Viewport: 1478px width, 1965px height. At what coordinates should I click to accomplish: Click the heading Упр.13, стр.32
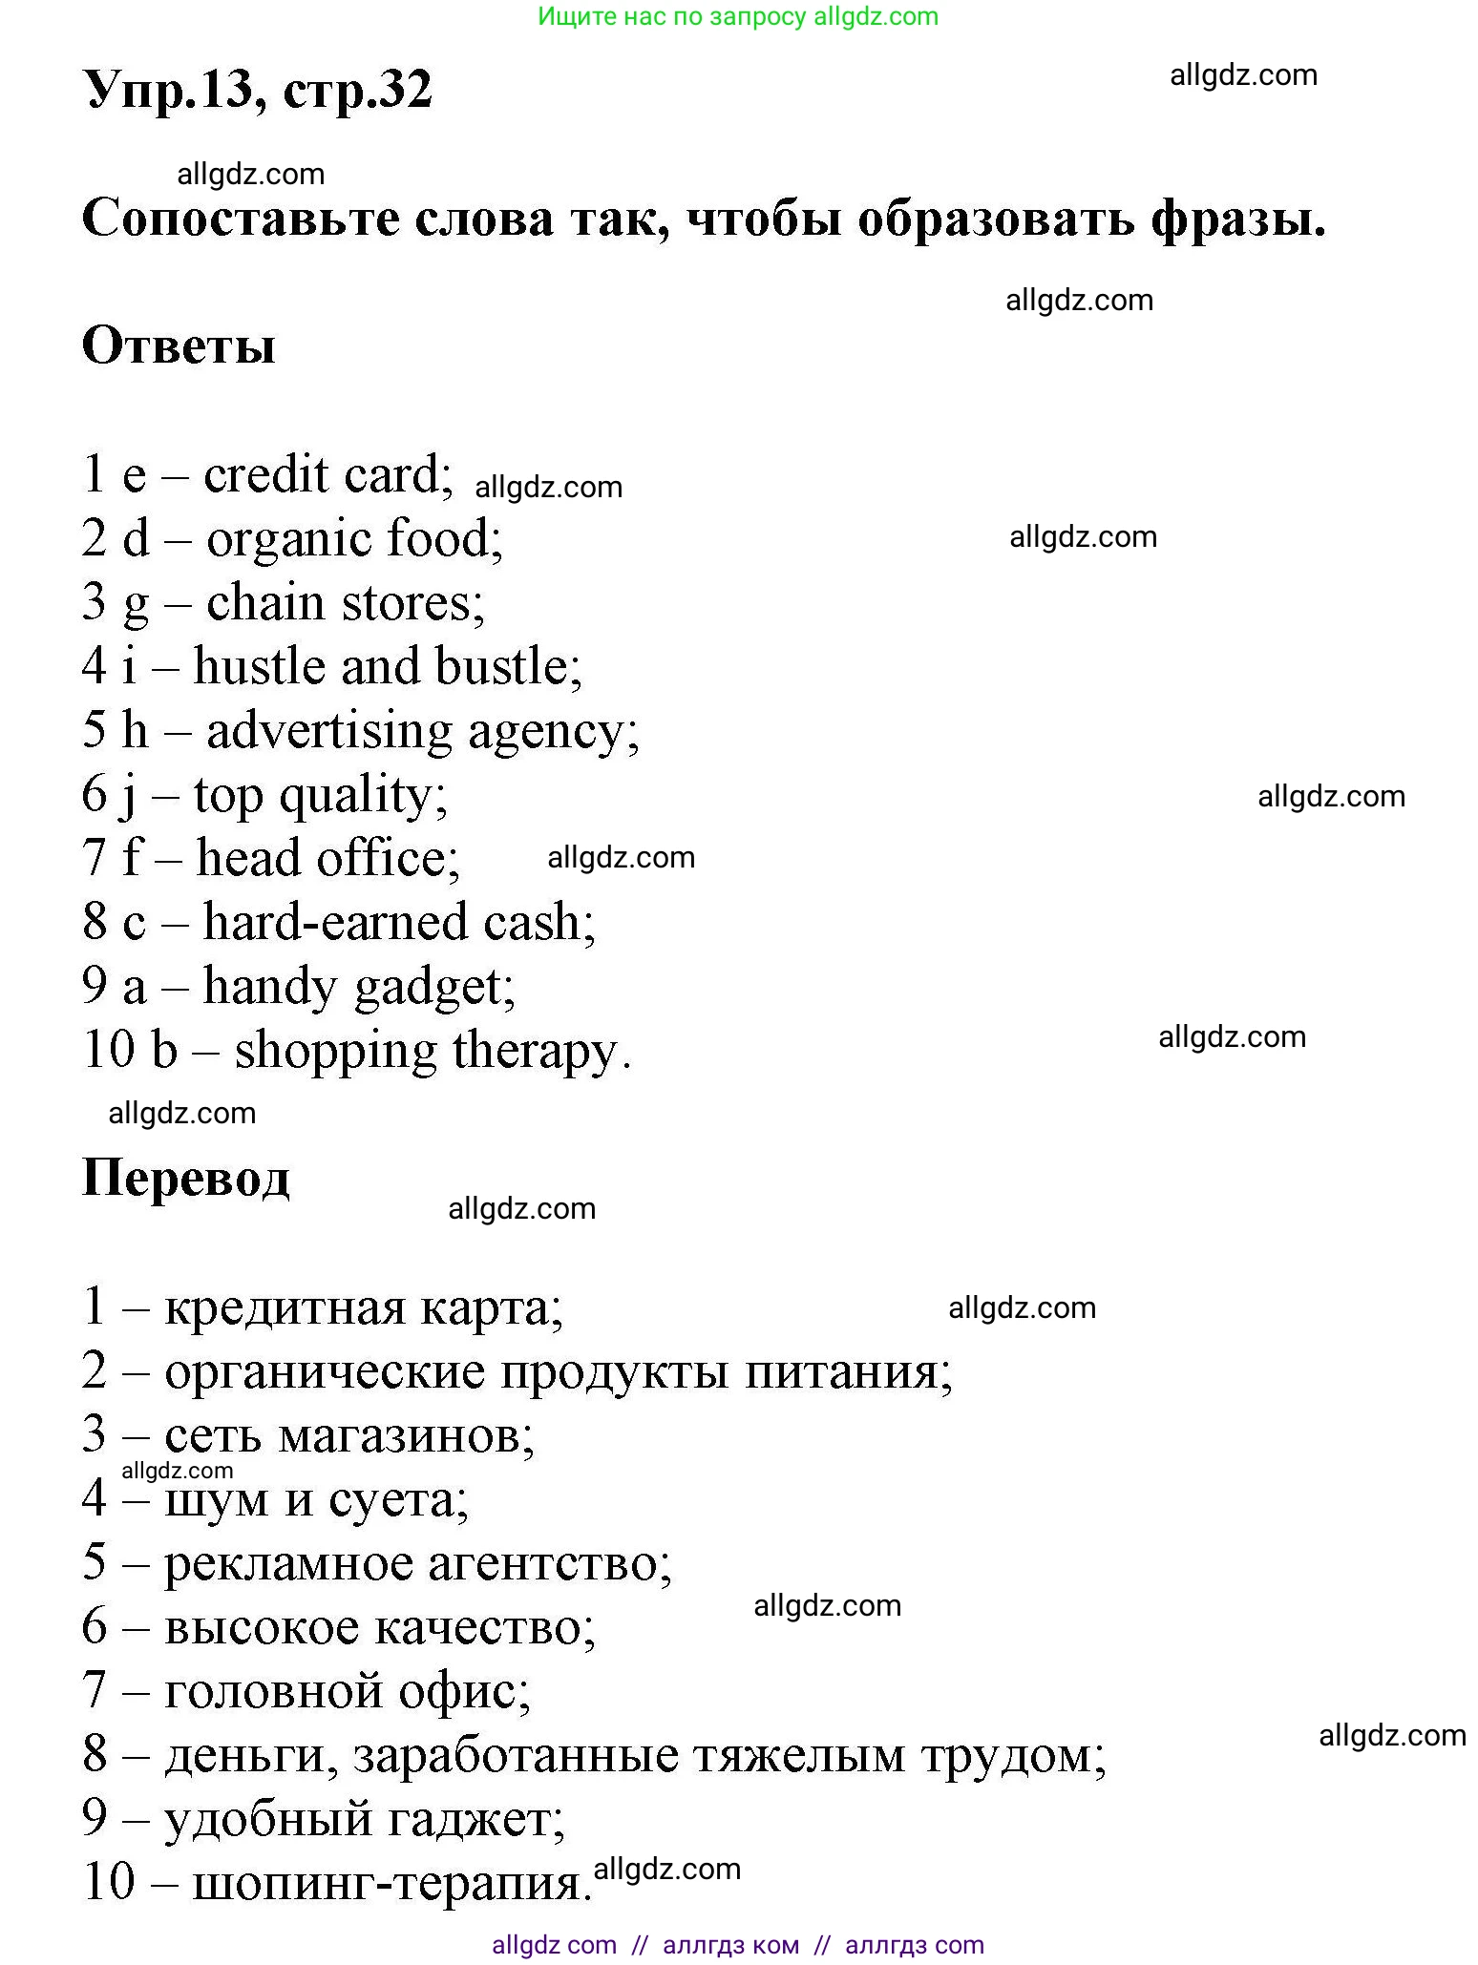[x=258, y=92]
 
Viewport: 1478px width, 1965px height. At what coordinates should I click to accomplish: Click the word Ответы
[x=179, y=345]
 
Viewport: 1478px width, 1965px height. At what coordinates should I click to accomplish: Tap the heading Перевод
[x=186, y=1177]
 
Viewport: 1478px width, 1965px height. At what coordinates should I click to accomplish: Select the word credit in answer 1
[x=266, y=474]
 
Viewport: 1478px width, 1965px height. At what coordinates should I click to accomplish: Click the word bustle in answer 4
[x=507, y=666]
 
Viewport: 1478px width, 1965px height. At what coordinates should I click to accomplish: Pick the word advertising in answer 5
[x=328, y=731]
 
